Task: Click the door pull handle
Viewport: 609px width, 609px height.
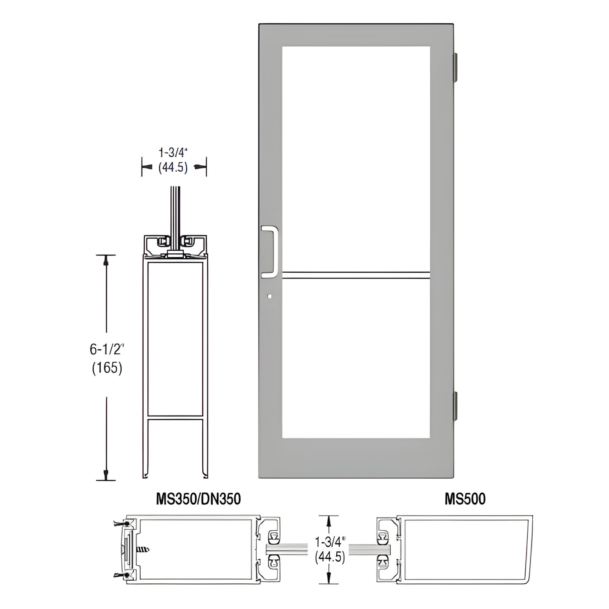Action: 269,252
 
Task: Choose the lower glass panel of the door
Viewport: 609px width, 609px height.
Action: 356,358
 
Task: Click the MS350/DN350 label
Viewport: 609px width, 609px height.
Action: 198,499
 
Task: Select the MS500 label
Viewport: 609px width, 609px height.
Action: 465,499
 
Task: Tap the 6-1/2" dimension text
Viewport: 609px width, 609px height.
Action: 107,349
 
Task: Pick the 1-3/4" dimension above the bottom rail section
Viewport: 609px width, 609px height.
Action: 173,152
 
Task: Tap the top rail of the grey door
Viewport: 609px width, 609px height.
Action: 356,35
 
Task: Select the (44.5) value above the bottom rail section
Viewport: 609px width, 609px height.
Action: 173,167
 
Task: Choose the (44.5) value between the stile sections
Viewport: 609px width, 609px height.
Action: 330,557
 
